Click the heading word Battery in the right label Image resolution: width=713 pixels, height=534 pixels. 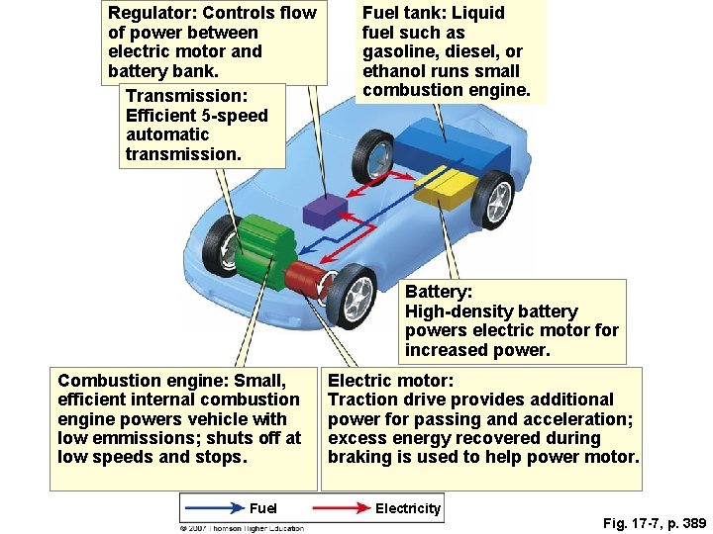click(x=438, y=292)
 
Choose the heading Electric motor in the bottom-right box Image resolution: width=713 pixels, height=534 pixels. click(x=390, y=381)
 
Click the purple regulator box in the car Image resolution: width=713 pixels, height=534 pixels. click(x=324, y=211)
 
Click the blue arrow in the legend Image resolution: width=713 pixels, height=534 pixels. click(x=213, y=508)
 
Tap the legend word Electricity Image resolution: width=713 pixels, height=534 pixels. click(x=407, y=508)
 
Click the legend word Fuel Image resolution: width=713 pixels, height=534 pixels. click(x=263, y=508)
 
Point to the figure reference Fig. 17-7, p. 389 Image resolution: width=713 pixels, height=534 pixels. click(x=654, y=523)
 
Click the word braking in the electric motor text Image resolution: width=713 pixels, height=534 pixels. click(x=358, y=458)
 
